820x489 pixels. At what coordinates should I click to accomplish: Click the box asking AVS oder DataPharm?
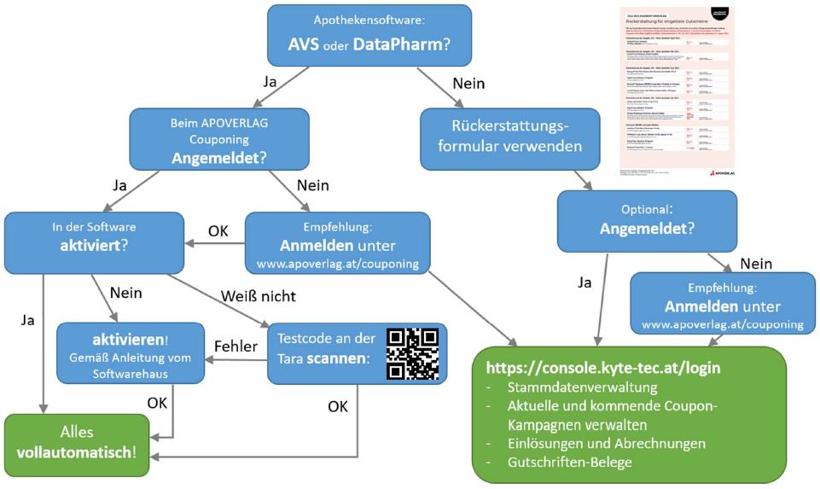[x=369, y=35]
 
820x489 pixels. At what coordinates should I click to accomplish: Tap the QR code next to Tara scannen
[x=412, y=353]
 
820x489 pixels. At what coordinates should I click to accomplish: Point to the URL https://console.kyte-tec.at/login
[x=602, y=369]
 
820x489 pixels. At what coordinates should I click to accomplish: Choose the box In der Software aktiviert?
[x=94, y=242]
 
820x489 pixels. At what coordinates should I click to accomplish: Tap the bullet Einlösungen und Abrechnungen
[x=607, y=443]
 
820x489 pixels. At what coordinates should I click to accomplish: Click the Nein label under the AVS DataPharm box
[x=468, y=84]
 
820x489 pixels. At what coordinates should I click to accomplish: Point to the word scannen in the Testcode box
[x=340, y=359]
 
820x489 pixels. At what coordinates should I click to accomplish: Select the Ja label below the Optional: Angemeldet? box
[x=584, y=282]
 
